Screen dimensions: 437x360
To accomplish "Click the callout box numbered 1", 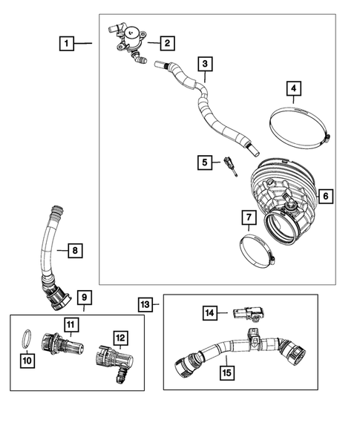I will [68, 45].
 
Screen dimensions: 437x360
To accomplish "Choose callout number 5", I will [203, 161].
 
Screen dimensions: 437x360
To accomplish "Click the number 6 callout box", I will [325, 197].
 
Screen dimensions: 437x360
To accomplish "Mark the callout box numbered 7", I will [249, 217].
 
